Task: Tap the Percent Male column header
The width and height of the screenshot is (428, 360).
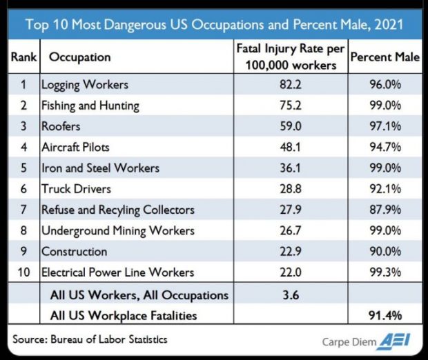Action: point(385,57)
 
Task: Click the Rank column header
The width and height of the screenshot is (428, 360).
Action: point(23,57)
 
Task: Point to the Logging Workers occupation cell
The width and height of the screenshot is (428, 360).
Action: point(85,86)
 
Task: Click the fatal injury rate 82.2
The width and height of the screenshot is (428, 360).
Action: point(291,86)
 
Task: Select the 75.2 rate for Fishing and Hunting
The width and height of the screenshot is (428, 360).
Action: point(291,106)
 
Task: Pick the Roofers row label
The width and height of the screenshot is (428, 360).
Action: point(61,127)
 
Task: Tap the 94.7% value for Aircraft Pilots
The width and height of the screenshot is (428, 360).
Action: point(385,148)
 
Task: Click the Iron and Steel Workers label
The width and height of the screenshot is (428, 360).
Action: point(100,168)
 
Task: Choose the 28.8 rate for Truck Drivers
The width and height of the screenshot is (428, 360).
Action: point(291,189)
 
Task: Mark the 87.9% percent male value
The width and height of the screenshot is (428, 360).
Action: point(385,210)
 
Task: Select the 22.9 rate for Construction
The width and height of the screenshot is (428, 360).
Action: point(291,252)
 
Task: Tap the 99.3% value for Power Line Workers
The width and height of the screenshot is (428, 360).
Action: point(385,272)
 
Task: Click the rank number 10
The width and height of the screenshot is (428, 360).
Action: point(23,272)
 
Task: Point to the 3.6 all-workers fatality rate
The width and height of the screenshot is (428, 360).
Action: point(291,294)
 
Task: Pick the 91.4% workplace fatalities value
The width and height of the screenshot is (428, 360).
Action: point(385,315)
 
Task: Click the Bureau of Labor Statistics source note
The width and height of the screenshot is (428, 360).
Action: point(90,339)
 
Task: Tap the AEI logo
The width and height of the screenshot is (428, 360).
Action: point(400,341)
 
